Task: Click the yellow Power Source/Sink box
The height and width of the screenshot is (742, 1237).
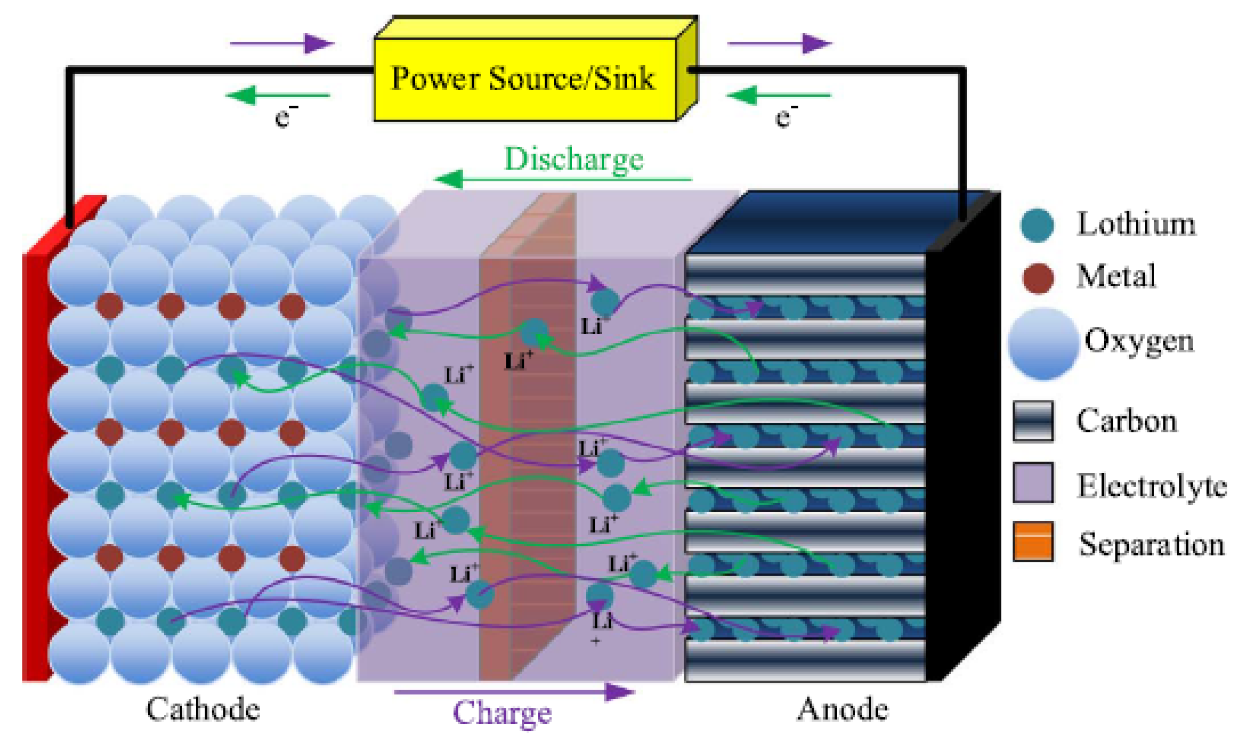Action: tap(525, 78)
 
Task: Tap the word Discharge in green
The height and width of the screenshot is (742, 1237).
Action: tap(573, 159)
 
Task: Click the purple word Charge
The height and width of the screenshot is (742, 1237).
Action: tap(501, 712)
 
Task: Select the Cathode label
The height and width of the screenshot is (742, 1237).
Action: tap(203, 709)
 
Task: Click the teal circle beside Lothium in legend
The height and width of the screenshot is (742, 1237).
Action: tap(1037, 225)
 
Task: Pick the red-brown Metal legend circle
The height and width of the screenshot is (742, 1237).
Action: tap(1037, 278)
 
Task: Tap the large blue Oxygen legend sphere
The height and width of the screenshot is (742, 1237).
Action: tap(1042, 344)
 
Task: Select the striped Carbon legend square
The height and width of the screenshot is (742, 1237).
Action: tap(1033, 421)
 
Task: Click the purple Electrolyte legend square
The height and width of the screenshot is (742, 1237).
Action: tap(1033, 482)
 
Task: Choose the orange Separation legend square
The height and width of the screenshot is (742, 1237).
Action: tap(1033, 541)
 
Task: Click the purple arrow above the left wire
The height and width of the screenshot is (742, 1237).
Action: tap(282, 44)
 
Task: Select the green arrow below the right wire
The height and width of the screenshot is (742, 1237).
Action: tap(778, 94)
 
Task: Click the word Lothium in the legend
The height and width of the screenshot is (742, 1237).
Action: tap(1136, 223)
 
